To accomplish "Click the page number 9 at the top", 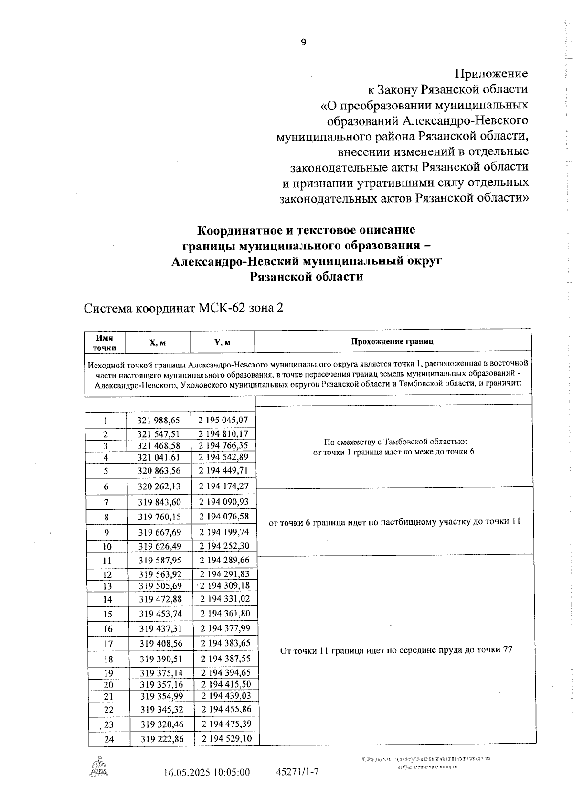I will point(303,43).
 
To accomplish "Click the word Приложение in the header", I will point(492,74).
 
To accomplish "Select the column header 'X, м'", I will point(158,343).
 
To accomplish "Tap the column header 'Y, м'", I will point(222,343).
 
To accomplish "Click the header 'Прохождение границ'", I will point(392,341).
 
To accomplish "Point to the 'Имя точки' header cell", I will point(105,343).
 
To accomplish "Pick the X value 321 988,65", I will point(159,421).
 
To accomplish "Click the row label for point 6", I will point(106,487).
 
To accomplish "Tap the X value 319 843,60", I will point(159,502).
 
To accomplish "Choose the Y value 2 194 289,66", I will point(224,560).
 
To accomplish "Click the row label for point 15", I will point(107,615).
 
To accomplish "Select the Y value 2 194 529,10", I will point(226,739).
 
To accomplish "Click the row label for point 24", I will point(109,740).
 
